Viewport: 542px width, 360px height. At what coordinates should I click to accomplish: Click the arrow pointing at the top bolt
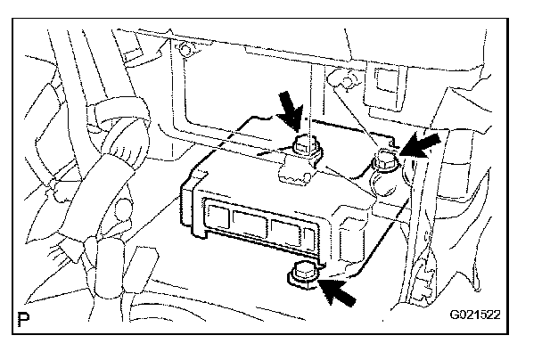click(x=289, y=112)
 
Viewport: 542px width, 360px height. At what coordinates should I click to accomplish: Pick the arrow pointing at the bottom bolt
click(x=343, y=290)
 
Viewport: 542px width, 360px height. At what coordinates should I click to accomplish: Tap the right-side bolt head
click(x=386, y=160)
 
